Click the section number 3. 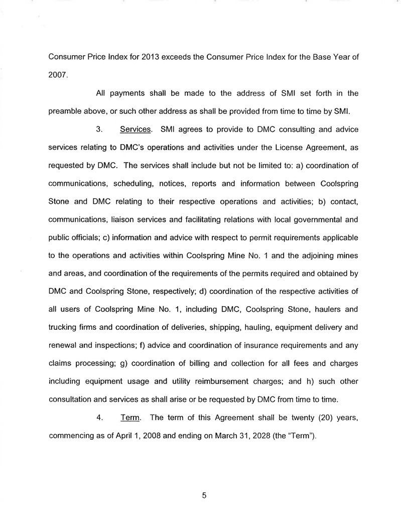click(99, 129)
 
